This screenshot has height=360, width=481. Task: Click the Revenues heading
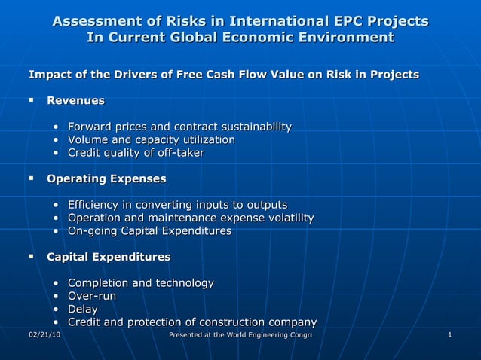tap(75, 100)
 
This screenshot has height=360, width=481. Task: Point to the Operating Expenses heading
tap(106, 179)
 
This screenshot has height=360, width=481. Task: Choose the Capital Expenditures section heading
tap(109, 257)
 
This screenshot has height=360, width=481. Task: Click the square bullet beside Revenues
tap(32, 100)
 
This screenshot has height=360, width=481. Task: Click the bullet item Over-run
tap(92, 296)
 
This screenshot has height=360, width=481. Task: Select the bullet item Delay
tap(83, 309)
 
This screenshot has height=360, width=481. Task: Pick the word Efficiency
tap(94, 205)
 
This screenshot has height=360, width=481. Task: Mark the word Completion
tap(98, 283)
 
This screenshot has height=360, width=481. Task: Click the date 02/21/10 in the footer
tap(44, 334)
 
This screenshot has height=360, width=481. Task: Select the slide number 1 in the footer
tap(449, 334)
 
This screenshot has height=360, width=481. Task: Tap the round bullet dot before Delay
tap(57, 310)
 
